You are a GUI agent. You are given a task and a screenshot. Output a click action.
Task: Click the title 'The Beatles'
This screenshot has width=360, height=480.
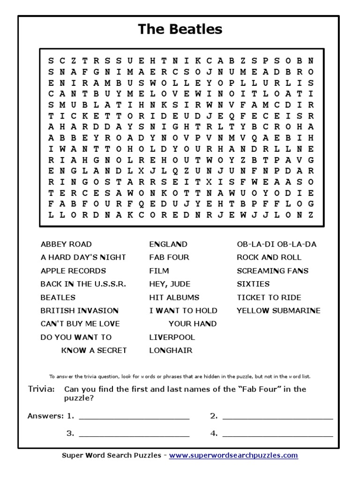(180, 30)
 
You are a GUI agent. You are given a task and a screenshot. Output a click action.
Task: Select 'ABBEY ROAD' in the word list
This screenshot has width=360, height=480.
(66, 244)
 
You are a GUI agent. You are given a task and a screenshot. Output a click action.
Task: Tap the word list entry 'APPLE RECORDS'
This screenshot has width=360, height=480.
(73, 271)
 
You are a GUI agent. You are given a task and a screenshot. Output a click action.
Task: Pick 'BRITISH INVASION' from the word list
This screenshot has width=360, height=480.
(79, 311)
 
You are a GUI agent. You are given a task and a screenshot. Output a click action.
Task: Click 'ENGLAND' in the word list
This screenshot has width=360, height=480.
(168, 244)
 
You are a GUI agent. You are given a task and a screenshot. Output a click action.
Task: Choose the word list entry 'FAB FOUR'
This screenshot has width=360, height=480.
(169, 257)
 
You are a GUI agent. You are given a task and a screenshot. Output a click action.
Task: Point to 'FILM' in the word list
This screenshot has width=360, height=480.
(159, 271)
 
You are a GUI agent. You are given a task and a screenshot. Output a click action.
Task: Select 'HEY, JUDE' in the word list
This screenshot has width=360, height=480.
(170, 284)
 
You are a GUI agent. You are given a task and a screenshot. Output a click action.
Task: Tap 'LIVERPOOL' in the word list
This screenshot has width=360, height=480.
(172, 337)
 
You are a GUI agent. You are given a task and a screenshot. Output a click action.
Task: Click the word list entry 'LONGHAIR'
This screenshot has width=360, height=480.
(171, 351)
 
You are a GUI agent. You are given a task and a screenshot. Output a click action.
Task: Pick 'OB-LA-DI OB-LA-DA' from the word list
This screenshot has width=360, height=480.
(277, 244)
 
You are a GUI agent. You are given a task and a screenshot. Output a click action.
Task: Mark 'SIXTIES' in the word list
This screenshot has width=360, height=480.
(253, 284)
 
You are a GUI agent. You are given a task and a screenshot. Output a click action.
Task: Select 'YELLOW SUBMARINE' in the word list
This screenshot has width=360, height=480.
(278, 311)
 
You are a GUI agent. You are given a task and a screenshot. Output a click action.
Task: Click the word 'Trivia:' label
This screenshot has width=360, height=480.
(41, 389)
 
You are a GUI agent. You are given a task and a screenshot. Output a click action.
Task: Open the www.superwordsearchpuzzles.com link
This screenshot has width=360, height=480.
(233, 456)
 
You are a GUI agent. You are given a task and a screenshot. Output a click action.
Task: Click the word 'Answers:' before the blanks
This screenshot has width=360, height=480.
(45, 416)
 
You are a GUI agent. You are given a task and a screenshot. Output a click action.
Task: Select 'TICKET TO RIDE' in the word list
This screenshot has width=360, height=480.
(269, 298)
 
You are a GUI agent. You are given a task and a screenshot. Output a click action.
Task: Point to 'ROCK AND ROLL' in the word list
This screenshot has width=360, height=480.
(269, 257)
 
